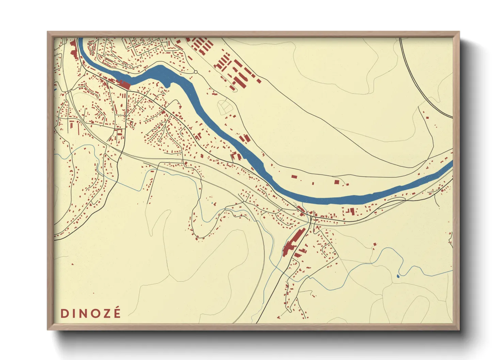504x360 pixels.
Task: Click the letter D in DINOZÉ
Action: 65,313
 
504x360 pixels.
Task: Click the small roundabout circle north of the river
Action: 195,72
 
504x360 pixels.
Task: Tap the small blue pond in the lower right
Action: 398,276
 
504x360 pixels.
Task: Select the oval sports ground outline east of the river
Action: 225,107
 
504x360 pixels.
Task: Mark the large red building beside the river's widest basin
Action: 123,84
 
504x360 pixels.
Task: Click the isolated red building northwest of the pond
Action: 375,244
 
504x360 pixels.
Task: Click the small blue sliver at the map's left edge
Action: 55,89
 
